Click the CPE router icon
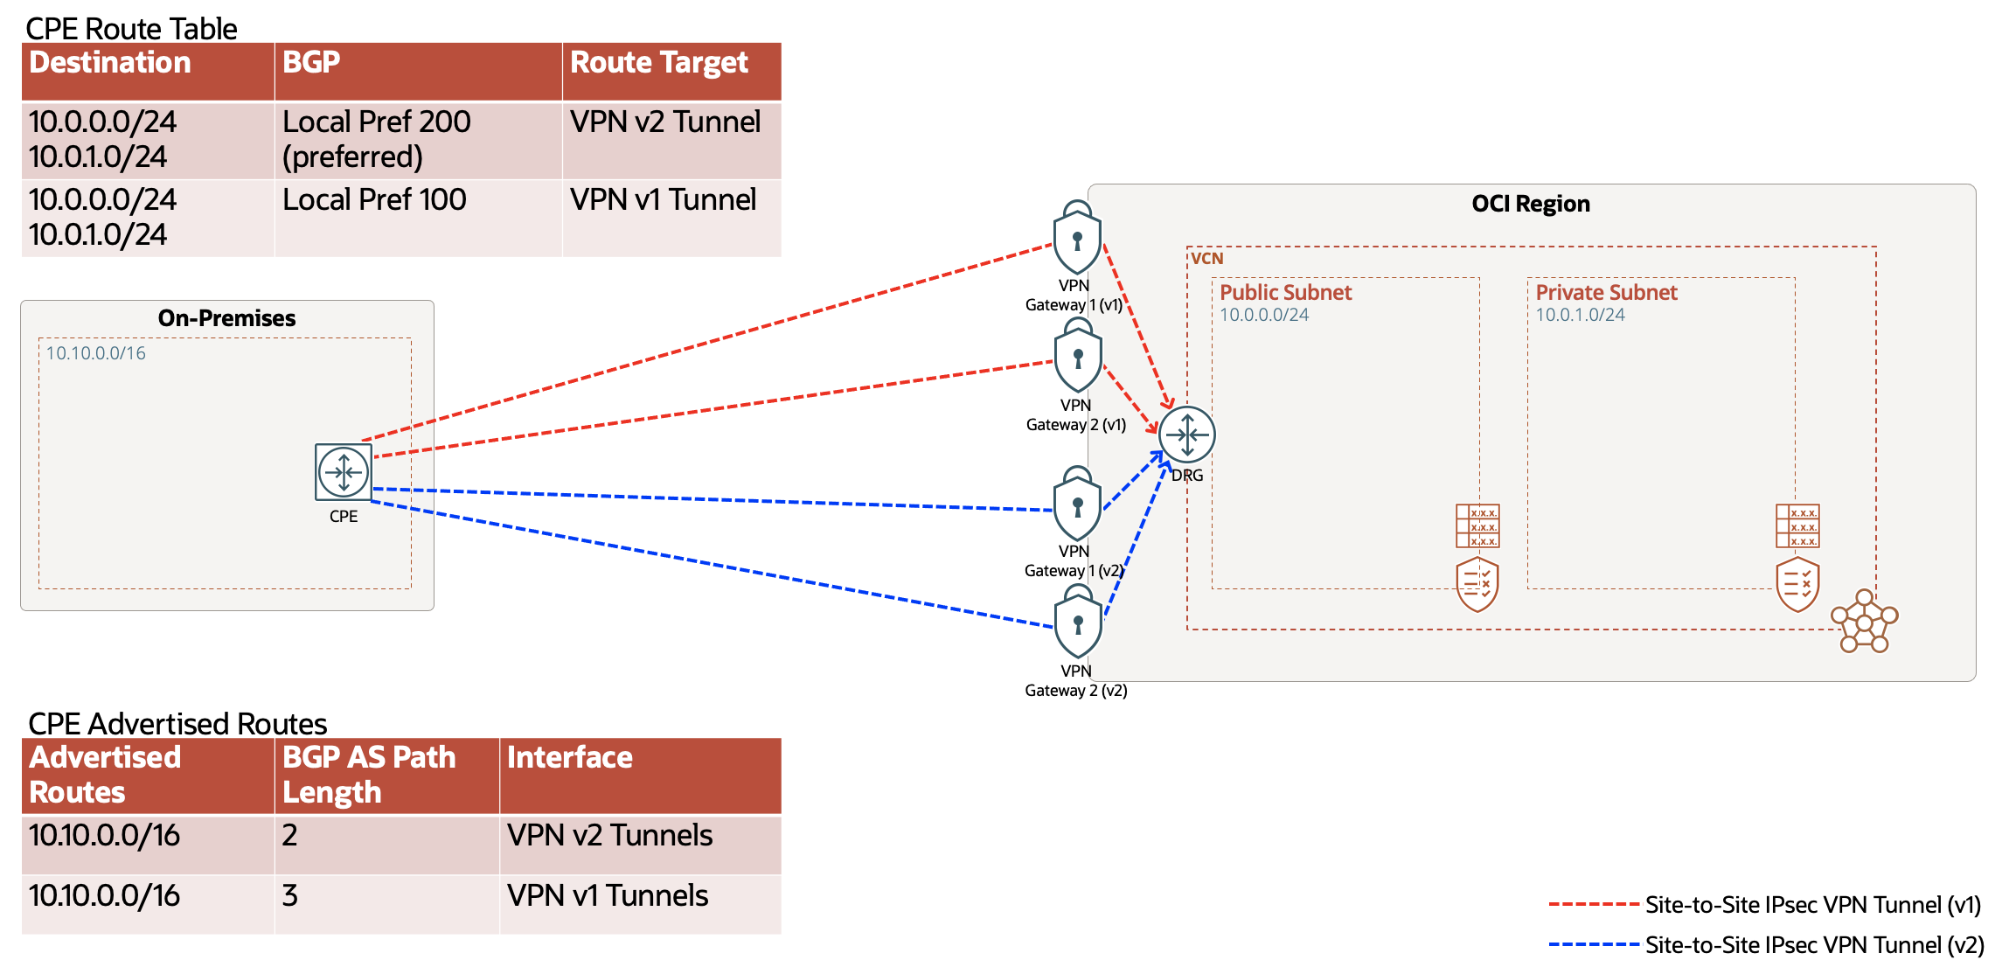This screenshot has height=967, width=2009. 344,472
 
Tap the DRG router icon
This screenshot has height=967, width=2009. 1186,435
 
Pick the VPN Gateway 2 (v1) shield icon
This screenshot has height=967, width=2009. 1077,358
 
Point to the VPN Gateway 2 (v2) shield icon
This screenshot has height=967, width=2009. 1077,623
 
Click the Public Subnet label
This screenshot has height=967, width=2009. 1285,292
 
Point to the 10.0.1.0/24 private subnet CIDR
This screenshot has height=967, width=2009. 1580,315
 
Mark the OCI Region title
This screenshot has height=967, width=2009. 1530,204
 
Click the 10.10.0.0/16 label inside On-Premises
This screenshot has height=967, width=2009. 96,353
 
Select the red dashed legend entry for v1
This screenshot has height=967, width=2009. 1766,905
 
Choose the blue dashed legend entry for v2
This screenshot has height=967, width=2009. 1766,945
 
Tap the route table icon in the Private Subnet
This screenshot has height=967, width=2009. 1797,526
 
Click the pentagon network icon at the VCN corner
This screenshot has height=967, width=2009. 1864,622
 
